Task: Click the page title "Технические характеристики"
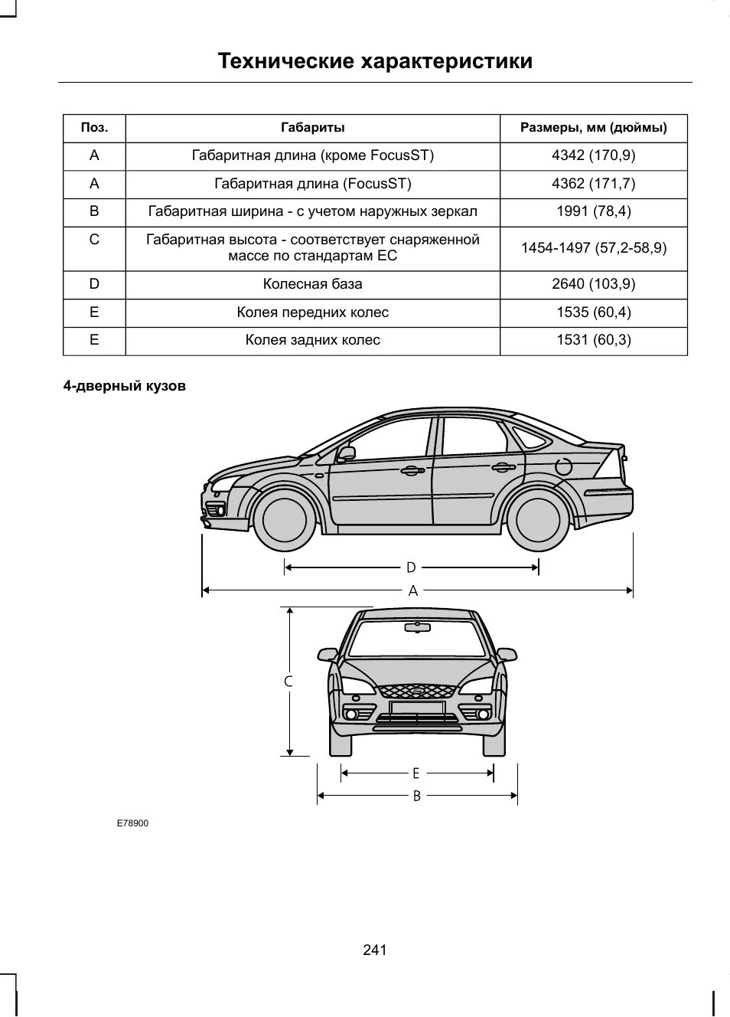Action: point(375,61)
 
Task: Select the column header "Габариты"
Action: point(312,128)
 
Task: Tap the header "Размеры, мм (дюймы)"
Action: point(593,128)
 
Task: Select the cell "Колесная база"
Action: point(312,284)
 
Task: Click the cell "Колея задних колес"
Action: point(312,340)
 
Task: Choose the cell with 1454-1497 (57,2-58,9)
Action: point(593,248)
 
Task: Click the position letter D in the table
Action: point(94,284)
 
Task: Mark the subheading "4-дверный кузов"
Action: point(124,386)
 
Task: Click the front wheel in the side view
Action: point(284,519)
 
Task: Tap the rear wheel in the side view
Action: point(538,519)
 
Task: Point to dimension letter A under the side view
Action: point(413,591)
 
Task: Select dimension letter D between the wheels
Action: point(411,567)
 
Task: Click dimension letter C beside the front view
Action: point(289,681)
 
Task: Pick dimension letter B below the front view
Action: point(417,796)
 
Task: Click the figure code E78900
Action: point(132,823)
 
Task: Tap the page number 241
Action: point(375,950)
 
